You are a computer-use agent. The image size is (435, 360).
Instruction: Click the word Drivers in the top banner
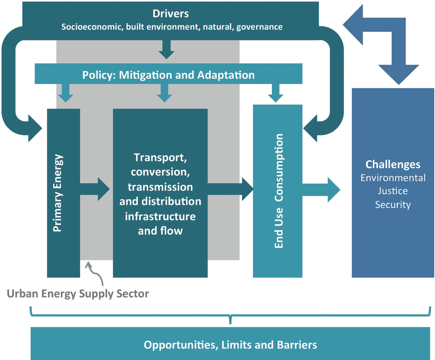click(x=171, y=14)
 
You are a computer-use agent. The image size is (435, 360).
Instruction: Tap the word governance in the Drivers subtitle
click(x=260, y=27)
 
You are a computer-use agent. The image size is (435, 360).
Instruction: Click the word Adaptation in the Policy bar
click(x=226, y=75)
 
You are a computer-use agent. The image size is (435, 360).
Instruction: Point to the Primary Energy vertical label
click(x=58, y=193)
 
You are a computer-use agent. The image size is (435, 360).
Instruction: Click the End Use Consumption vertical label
click(x=279, y=191)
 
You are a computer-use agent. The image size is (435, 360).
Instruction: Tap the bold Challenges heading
click(x=393, y=165)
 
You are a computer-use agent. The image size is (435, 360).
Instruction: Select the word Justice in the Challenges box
click(x=393, y=191)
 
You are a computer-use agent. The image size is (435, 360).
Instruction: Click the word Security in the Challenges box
click(x=393, y=205)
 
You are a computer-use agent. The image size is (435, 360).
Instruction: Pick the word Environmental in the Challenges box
click(x=393, y=178)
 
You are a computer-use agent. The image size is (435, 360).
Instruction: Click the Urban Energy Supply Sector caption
click(x=78, y=294)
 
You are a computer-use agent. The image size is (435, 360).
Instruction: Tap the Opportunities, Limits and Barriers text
click(x=230, y=345)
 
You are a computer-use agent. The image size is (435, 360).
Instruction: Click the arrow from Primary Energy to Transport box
click(x=95, y=189)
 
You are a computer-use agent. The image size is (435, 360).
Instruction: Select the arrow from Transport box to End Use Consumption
click(x=231, y=189)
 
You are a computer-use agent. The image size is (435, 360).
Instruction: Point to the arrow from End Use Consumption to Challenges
click(x=321, y=190)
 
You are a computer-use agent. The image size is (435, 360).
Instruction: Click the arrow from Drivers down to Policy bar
click(x=166, y=50)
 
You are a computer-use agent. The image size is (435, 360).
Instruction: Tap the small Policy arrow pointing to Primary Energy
click(x=66, y=93)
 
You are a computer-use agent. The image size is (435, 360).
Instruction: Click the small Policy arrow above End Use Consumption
click(x=275, y=93)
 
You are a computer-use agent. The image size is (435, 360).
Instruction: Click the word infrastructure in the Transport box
click(x=160, y=216)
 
